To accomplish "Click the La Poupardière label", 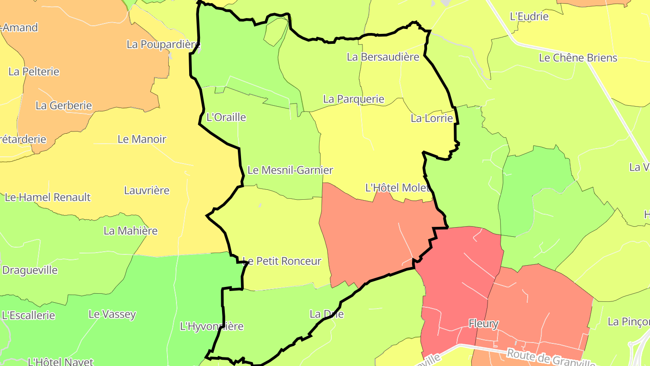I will (x=163, y=44).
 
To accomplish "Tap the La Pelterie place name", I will (x=34, y=71).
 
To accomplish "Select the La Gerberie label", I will (x=64, y=105).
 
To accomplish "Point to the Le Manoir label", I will (x=142, y=139).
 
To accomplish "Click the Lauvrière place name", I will (x=147, y=190).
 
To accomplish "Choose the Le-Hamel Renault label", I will (x=47, y=197).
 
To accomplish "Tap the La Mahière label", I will (x=130, y=231).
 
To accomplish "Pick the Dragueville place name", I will (x=30, y=270).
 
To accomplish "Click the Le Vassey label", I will (x=112, y=314).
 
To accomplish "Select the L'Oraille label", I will (x=226, y=117).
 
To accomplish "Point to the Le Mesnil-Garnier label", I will (x=290, y=170).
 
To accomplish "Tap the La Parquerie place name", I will (x=353, y=99).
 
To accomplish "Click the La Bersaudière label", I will (x=383, y=57).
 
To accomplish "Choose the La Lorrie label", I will (x=432, y=118).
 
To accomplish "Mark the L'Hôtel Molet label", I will (x=397, y=187).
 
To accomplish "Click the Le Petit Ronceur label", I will (x=282, y=261).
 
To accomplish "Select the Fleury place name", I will (x=483, y=324).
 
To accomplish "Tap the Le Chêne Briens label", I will (x=578, y=58).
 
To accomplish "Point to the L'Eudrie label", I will (x=529, y=17).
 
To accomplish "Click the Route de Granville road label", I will (x=551, y=357).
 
